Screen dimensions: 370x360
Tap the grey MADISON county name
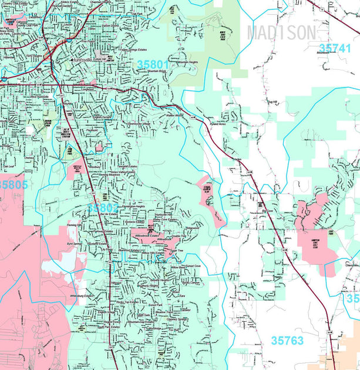281,32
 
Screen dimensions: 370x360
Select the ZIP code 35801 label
153,63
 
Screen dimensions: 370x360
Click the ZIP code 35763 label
287,340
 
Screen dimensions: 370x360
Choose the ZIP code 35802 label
103,208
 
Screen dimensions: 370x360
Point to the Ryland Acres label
219,125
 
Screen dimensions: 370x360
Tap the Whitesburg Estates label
82,295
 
